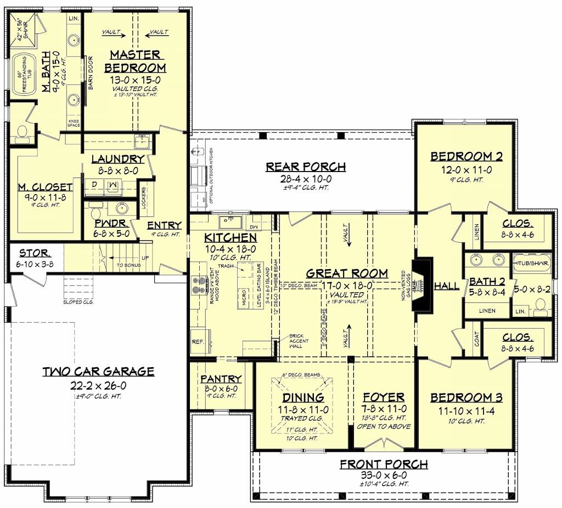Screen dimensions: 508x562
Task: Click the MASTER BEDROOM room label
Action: pyautogui.click(x=135, y=61)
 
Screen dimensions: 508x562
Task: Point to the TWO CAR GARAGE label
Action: pyautogui.click(x=99, y=372)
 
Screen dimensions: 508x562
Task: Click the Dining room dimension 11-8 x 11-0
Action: pyautogui.click(x=303, y=409)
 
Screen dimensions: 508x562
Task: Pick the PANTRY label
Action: pyautogui.click(x=221, y=379)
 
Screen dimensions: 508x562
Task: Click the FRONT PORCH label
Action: pyautogui.click(x=384, y=465)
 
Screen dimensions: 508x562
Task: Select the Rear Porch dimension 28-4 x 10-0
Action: pyautogui.click(x=305, y=179)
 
